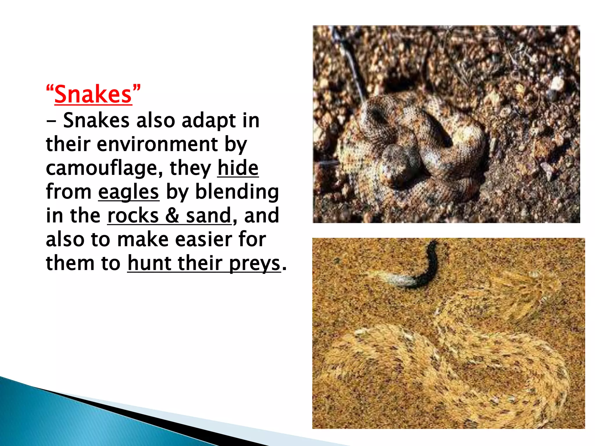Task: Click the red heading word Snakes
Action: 93,94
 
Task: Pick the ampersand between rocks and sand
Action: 172,215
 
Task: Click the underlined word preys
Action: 255,264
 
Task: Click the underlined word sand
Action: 208,215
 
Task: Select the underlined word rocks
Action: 133,215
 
